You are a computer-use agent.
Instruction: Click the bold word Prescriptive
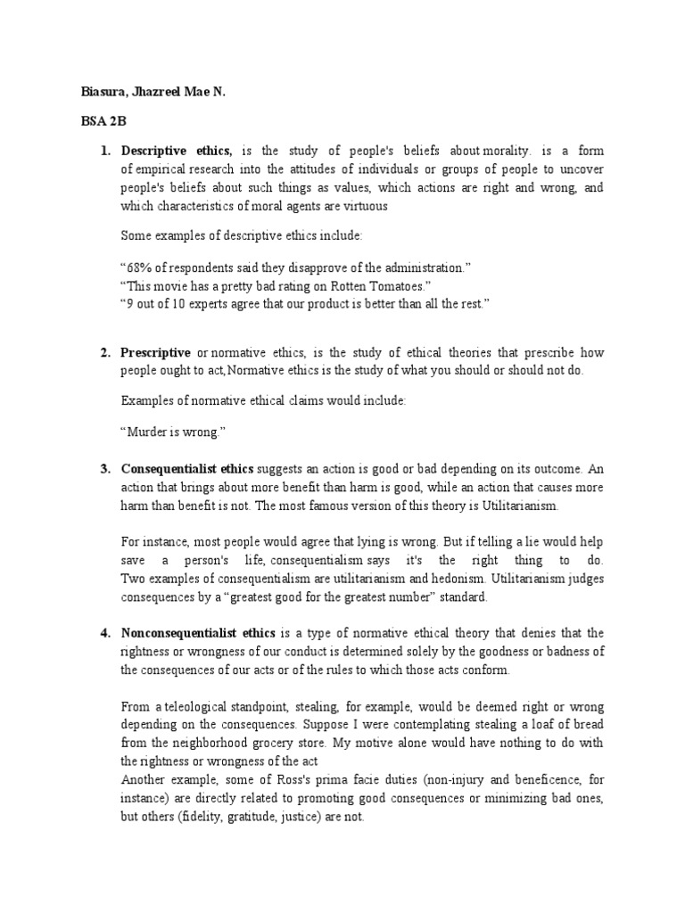click(156, 353)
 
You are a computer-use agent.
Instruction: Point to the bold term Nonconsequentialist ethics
click(199, 633)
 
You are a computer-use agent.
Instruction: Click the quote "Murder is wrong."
click(172, 432)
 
